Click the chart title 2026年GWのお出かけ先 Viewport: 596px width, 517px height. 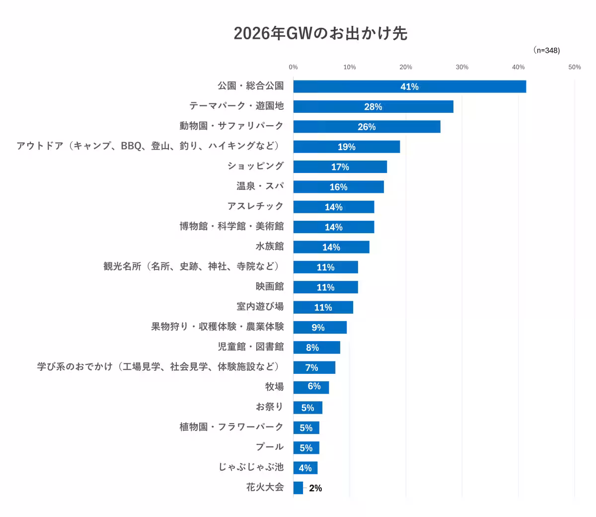tap(320, 33)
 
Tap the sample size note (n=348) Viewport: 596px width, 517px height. tap(546, 50)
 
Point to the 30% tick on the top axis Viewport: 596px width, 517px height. tap(462, 67)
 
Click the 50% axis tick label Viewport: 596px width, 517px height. tap(574, 67)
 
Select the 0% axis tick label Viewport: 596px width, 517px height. tap(294, 67)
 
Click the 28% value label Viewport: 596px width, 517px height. tap(373, 107)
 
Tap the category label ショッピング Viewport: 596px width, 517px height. tap(255, 166)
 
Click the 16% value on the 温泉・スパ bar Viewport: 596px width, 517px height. tap(338, 187)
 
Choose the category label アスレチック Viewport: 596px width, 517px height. tap(255, 206)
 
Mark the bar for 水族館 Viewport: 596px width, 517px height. tap(331, 247)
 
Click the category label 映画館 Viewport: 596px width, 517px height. tap(270, 286)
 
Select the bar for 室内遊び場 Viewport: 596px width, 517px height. tap(323, 307)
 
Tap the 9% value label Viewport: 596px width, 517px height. tap(318, 328)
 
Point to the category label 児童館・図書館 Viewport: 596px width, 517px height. tap(250, 346)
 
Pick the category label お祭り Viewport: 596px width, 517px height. tap(270, 407)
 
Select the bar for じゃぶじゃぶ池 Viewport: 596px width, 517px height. tap(305, 468)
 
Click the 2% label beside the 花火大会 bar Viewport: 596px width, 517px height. tap(315, 488)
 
